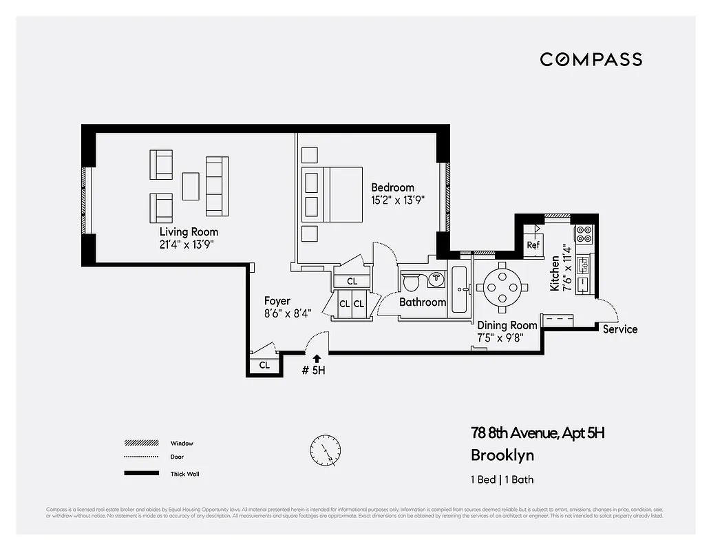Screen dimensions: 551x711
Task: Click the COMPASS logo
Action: click(591, 59)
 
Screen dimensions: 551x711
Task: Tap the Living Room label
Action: click(189, 231)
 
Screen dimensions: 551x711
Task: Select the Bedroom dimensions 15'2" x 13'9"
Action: click(398, 200)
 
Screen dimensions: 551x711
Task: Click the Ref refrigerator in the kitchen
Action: click(533, 245)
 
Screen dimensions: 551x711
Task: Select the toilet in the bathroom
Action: click(412, 283)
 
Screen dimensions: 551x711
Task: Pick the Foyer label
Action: click(277, 301)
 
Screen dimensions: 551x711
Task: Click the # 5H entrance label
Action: click(313, 370)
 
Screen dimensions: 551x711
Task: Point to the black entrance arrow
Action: click(316, 357)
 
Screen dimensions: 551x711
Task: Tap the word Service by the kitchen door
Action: click(619, 329)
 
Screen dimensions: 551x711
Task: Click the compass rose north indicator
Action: click(325, 451)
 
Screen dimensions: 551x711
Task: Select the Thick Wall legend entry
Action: click(184, 474)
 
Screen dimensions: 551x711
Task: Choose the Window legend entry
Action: click(182, 443)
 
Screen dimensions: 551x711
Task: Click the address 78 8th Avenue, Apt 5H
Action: click(537, 433)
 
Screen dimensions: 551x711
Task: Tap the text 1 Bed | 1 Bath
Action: click(502, 479)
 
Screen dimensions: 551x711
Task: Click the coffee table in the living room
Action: click(191, 186)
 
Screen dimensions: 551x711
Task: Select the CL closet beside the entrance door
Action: click(264, 366)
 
